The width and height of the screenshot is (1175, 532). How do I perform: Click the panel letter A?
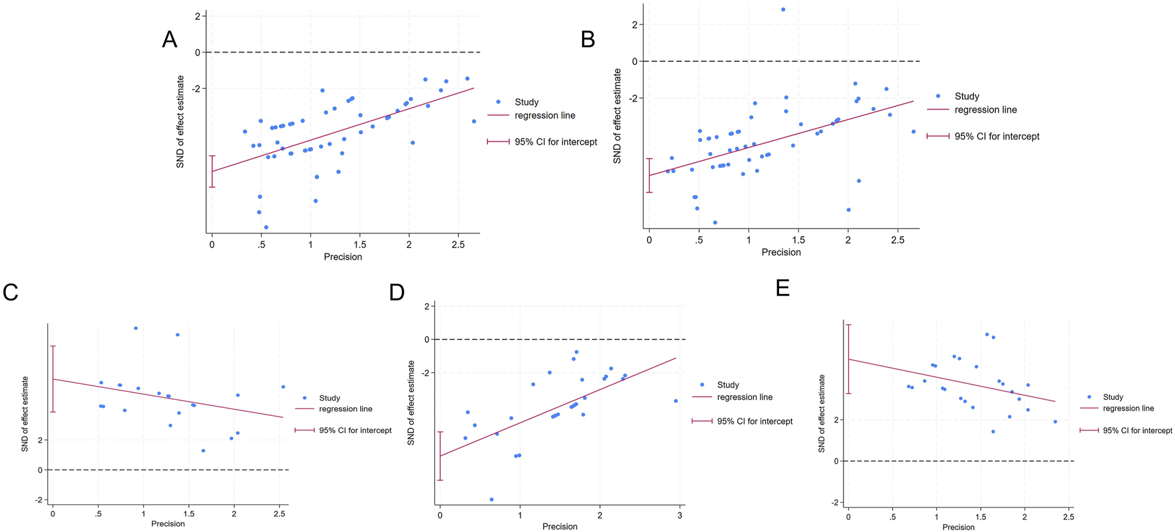pyautogui.click(x=169, y=40)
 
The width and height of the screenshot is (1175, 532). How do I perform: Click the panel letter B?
pyautogui.click(x=587, y=40)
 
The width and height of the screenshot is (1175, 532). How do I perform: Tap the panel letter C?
pyautogui.click(x=10, y=293)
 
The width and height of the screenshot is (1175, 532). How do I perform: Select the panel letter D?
pyautogui.click(x=397, y=293)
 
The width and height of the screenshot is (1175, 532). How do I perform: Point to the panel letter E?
pyautogui.click(x=782, y=289)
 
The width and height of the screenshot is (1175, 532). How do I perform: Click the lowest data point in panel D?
pyautogui.click(x=491, y=499)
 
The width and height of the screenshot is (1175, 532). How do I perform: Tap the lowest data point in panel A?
pyautogui.click(x=266, y=227)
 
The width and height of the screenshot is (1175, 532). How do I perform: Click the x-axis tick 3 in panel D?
pyautogui.click(x=680, y=515)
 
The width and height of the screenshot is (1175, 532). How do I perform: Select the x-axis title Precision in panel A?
pyautogui.click(x=343, y=257)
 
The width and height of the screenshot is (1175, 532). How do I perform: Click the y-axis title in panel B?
pyautogui.click(x=617, y=116)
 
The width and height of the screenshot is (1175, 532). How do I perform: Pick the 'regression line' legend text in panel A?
pyautogui.click(x=544, y=115)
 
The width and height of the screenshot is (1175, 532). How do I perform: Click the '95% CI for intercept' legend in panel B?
pyautogui.click(x=996, y=137)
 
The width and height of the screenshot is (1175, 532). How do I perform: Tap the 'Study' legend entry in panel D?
pyautogui.click(x=727, y=385)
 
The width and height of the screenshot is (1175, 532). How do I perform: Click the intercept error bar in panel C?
pyautogui.click(x=53, y=379)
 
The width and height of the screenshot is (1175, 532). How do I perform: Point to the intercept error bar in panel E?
pyautogui.click(x=849, y=359)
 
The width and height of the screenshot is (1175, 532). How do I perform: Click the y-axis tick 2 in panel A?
pyautogui.click(x=198, y=16)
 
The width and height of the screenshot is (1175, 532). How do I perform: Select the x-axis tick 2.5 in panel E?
pyautogui.click(x=1068, y=517)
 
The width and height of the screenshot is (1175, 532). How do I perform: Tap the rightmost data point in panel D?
pyautogui.click(x=676, y=401)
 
